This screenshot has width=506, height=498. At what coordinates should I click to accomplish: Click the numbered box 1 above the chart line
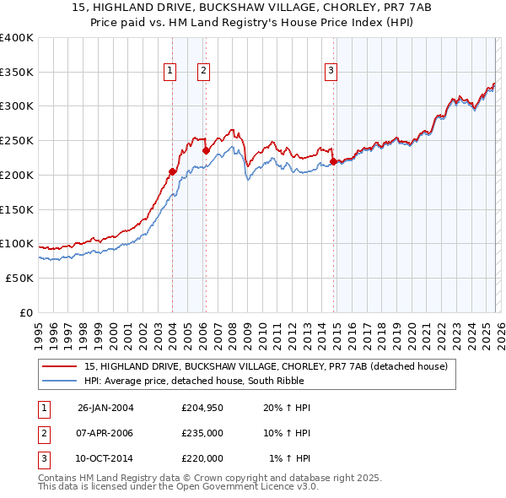171,71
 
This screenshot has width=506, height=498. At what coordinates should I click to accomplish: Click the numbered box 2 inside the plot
204,71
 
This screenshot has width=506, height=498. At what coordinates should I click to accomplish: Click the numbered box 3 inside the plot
331,71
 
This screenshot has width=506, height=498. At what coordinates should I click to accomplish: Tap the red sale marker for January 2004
172,171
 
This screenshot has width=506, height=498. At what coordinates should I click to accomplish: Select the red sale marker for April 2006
206,150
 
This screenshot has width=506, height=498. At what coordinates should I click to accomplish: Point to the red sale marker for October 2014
333,160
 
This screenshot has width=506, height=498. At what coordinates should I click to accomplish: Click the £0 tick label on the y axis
27,312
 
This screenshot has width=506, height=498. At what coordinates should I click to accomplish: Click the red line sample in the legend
60,366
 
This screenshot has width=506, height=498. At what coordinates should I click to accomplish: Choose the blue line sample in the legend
60,381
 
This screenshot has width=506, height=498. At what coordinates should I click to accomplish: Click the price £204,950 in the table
202,408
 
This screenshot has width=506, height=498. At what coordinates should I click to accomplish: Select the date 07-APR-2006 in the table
105,433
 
